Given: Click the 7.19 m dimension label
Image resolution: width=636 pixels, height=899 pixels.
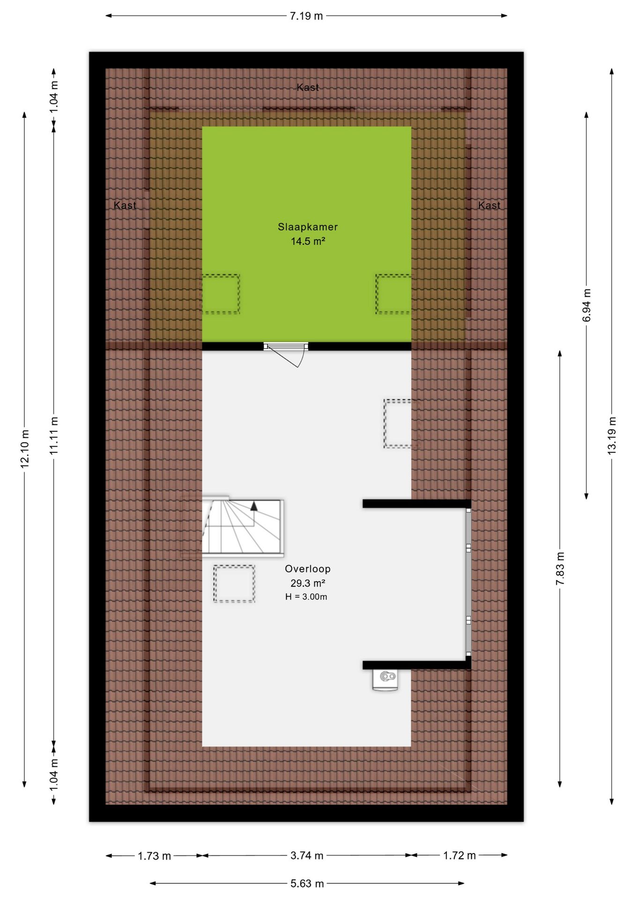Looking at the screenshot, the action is click(306, 16).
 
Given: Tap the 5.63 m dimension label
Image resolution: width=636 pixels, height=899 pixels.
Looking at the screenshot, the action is click(307, 883).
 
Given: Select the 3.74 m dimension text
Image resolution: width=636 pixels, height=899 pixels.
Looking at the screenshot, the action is click(307, 855).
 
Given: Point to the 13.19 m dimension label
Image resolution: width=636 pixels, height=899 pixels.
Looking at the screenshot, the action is click(612, 435).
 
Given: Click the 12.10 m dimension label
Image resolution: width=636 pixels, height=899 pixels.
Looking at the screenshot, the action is click(25, 448).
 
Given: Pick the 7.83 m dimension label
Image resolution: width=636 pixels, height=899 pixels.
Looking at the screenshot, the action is click(560, 568).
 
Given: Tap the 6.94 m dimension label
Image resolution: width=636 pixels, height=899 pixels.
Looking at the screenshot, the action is click(586, 305).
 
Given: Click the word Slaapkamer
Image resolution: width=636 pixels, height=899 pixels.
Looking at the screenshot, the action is click(308, 227).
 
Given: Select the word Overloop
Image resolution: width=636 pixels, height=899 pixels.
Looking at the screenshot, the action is click(308, 569).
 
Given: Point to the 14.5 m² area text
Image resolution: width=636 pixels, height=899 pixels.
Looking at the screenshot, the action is click(308, 241).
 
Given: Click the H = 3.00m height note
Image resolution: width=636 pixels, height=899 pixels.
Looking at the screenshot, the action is click(306, 597).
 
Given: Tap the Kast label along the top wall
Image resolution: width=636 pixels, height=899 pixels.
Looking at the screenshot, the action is click(308, 87).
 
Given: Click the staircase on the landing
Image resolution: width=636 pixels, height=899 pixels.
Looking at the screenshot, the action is click(243, 527).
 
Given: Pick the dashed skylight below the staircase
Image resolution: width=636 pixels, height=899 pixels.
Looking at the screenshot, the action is click(234, 583).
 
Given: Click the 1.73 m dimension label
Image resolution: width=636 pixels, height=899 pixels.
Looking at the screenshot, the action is click(154, 856).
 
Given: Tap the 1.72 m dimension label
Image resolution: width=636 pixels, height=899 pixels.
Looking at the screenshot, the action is click(459, 855).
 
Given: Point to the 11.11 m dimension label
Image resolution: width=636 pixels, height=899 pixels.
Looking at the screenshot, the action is click(54, 435).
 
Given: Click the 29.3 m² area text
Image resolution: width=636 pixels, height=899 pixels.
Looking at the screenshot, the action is click(308, 583).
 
